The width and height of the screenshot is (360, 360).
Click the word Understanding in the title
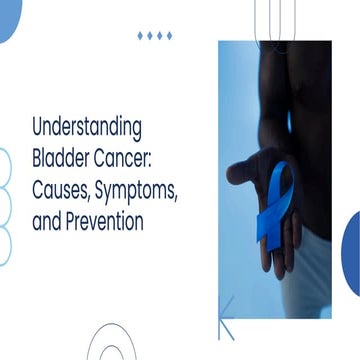pyautogui.click(x=87, y=128)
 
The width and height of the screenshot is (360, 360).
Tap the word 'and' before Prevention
pyautogui.click(x=46, y=221)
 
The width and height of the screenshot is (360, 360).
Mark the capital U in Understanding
pyautogui.click(x=38, y=128)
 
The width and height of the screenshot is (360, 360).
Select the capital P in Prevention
pyautogui.click(x=73, y=221)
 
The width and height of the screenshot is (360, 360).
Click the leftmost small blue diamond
pyautogui.click(x=140, y=35)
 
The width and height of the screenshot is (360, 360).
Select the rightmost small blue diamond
pyautogui.click(x=168, y=35)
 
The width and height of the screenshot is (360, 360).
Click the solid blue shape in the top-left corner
pyautogui.click(x=8, y=18)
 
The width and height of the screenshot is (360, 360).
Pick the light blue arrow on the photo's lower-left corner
pyautogui.click(x=226, y=319)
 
